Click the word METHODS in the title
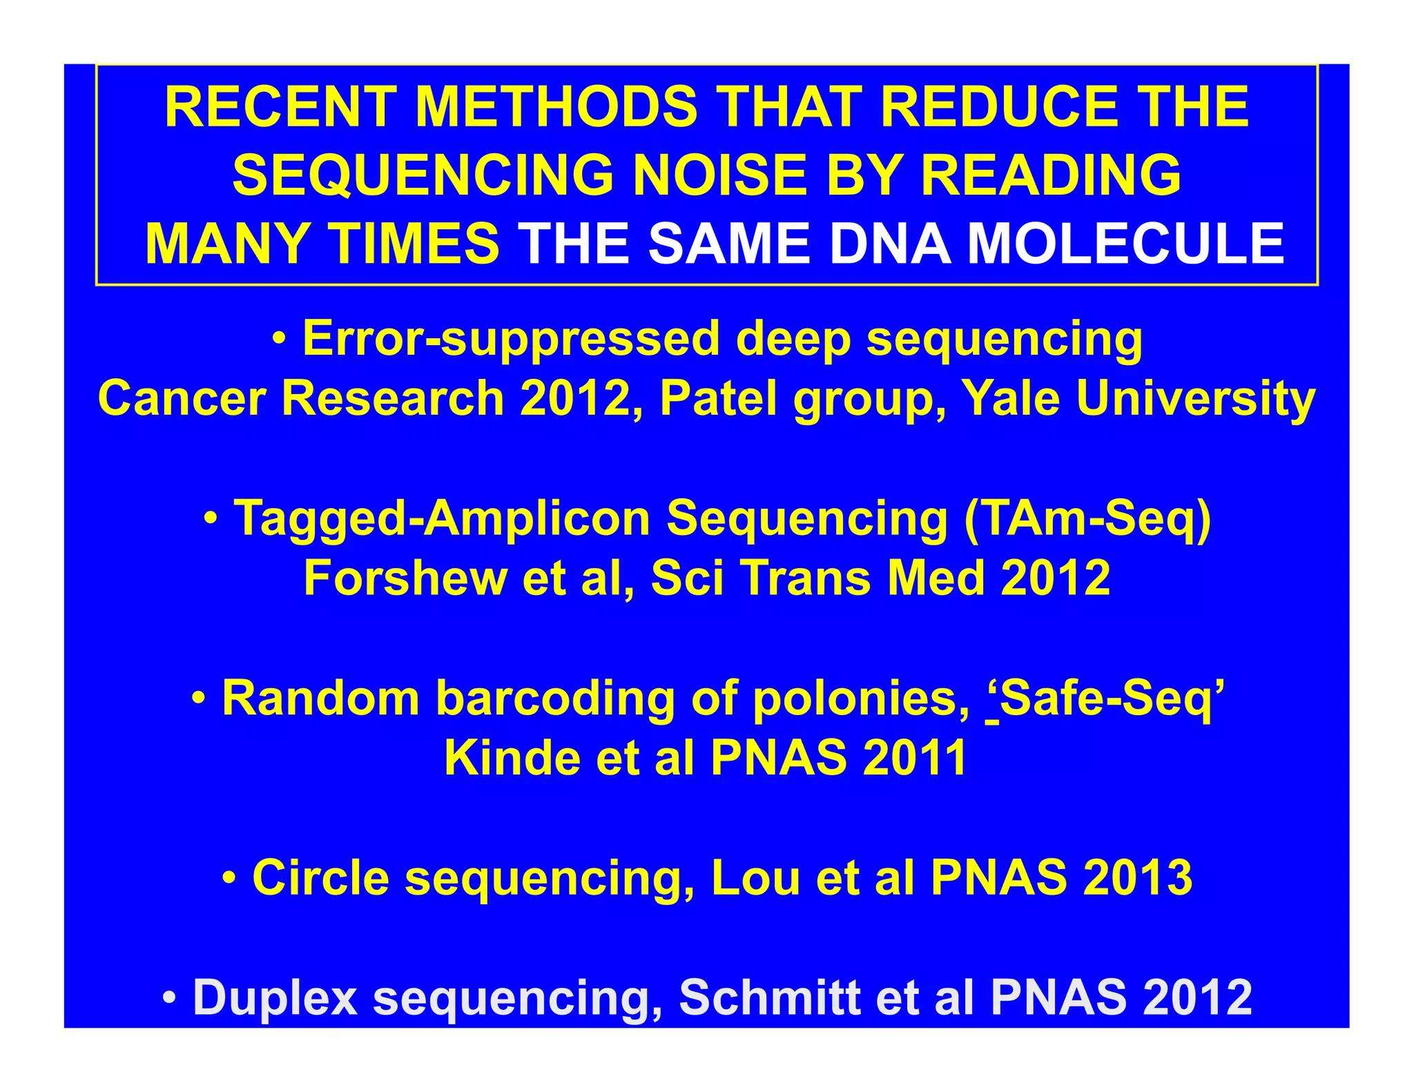pyautogui.click(x=556, y=107)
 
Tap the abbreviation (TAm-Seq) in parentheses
pyautogui.click(x=1087, y=518)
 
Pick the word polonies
pyautogui.click(x=860, y=699)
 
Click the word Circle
pyautogui.click(x=320, y=878)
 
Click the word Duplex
pyautogui.click(x=275, y=997)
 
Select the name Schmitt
pyautogui.click(x=770, y=997)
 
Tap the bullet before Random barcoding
pyautogui.click(x=200, y=699)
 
